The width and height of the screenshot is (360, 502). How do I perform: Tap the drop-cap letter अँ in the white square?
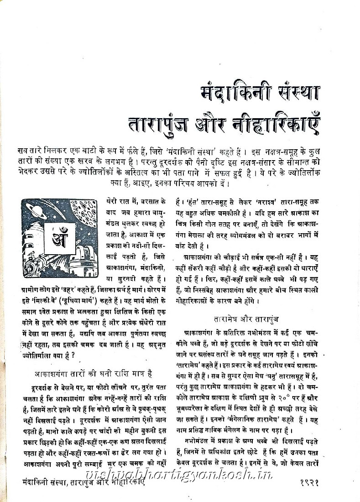coord(61,237)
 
